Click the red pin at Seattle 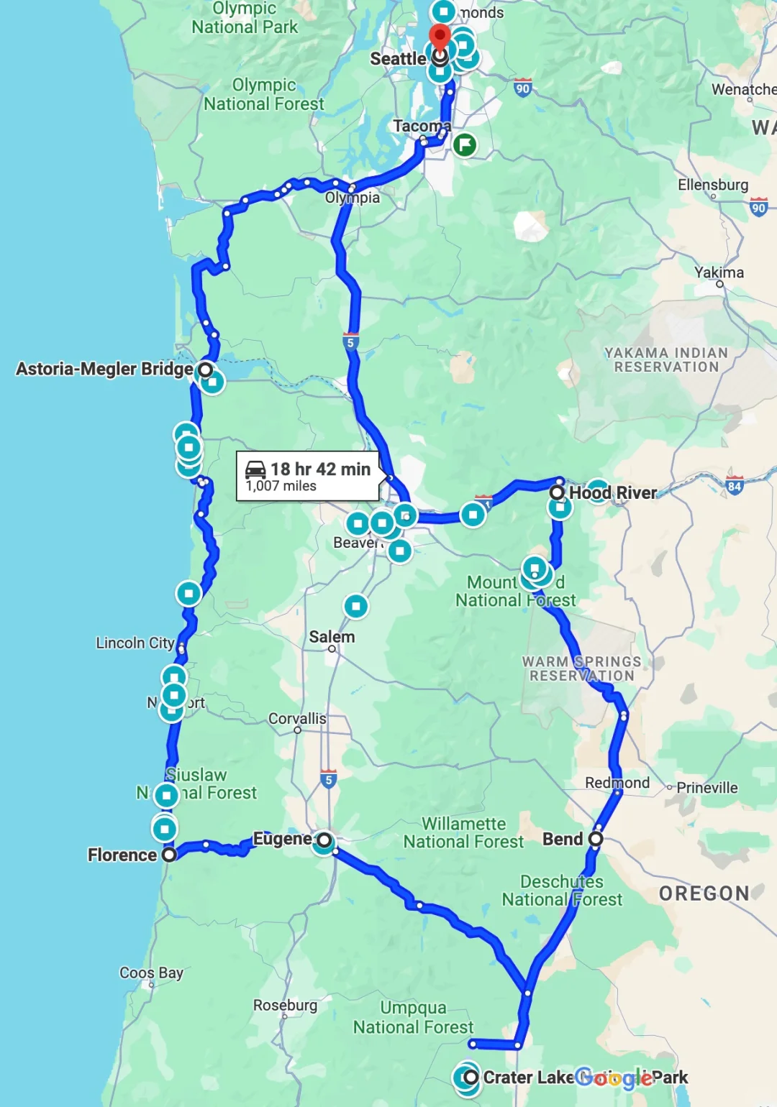pyautogui.click(x=440, y=36)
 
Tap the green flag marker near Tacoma pyautogui.click(x=465, y=144)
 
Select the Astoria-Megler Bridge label pyautogui.click(x=104, y=369)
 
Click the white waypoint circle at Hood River pyautogui.click(x=557, y=492)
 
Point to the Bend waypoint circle pyautogui.click(x=596, y=839)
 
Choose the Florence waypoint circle pyautogui.click(x=169, y=855)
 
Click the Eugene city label pyautogui.click(x=282, y=839)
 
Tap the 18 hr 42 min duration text pyautogui.click(x=320, y=469)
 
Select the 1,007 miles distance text pyautogui.click(x=281, y=487)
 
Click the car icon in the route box pyautogui.click(x=255, y=469)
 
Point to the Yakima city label pyautogui.click(x=719, y=272)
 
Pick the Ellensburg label pyautogui.click(x=713, y=185)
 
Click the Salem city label pyautogui.click(x=332, y=637)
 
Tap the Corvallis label pyautogui.click(x=297, y=719)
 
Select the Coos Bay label pyautogui.click(x=151, y=973)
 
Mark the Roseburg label pyautogui.click(x=285, y=1005)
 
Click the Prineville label pyautogui.click(x=706, y=788)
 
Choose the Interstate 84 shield pyautogui.click(x=735, y=486)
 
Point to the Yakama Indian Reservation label pyautogui.click(x=666, y=359)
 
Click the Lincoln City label pyautogui.click(x=135, y=643)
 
